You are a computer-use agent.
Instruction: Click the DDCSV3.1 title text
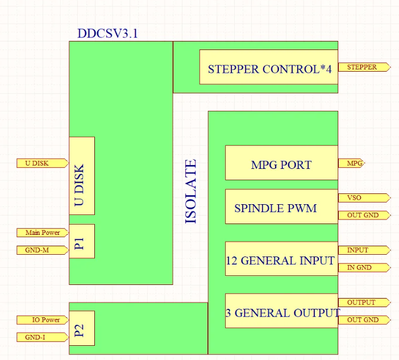[x=107, y=34]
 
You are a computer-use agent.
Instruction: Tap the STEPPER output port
[x=364, y=67]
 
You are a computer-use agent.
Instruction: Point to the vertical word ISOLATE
[x=191, y=191]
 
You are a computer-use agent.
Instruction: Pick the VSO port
[x=364, y=198]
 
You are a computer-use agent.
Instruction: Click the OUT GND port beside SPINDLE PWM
[x=364, y=215]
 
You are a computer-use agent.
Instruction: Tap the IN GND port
[x=364, y=267]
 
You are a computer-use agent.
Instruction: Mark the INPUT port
[x=364, y=250]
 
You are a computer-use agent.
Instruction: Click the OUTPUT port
[x=364, y=303]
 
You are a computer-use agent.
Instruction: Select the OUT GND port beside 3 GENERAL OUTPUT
[x=364, y=320]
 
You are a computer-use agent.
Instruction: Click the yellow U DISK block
[x=82, y=175]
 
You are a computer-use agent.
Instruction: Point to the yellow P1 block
[x=82, y=241]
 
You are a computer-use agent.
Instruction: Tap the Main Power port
[x=43, y=233]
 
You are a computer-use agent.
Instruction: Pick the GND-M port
[x=43, y=250]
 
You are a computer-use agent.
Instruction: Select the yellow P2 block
[x=82, y=328]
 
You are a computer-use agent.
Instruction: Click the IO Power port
[x=43, y=320]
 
